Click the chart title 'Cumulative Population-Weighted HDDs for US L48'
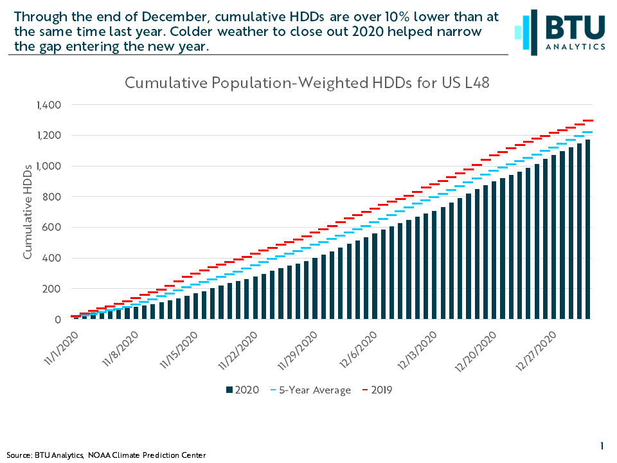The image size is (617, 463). pyautogui.click(x=307, y=83)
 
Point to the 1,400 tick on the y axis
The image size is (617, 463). pyautogui.click(x=49, y=105)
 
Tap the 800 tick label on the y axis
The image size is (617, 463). pyautogui.click(x=51, y=197)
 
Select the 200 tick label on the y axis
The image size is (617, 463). pyautogui.click(x=51, y=289)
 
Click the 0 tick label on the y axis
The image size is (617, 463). pyautogui.click(x=58, y=320)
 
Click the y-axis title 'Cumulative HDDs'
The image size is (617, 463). pyautogui.click(x=27, y=212)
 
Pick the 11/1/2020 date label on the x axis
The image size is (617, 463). pyautogui.click(x=62, y=349)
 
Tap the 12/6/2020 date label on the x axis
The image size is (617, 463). pyautogui.click(x=358, y=350)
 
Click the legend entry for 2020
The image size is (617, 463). pyautogui.click(x=242, y=390)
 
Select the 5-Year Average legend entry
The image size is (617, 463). pyautogui.click(x=311, y=390)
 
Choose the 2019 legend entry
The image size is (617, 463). pyautogui.click(x=377, y=390)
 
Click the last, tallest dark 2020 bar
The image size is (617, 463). pyautogui.click(x=587, y=229)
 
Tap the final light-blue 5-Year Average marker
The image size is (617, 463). pyautogui.click(x=587, y=132)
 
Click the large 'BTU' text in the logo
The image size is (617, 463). pyautogui.click(x=575, y=27)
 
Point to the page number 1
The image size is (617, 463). pyautogui.click(x=602, y=446)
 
